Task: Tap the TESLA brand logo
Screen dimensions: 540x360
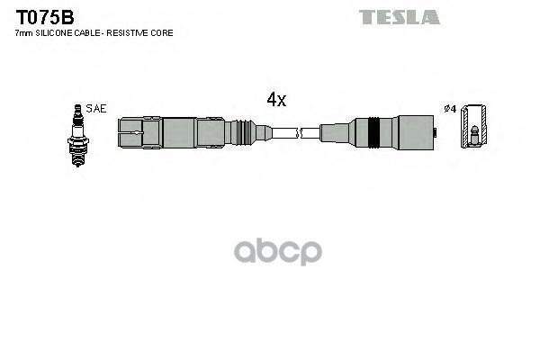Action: [400, 17]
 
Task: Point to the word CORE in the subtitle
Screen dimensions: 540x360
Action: [162, 32]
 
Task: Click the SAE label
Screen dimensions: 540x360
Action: [96, 108]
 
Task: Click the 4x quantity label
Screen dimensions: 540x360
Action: [276, 101]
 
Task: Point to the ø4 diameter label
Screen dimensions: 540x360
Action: [450, 108]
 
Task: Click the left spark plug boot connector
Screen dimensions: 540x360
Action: [180, 133]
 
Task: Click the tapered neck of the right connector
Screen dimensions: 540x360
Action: [333, 133]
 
